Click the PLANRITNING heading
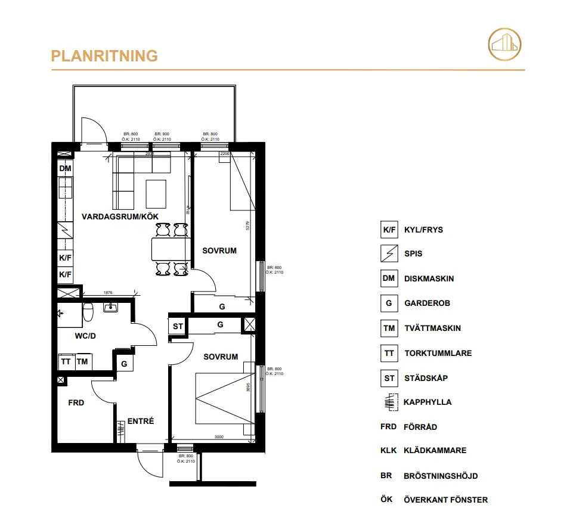(104, 56)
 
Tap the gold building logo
(504, 44)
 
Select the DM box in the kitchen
(65, 169)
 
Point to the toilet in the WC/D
(88, 311)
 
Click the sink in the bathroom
(111, 308)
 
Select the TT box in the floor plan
(66, 362)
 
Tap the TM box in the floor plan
(82, 362)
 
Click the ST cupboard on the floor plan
(178, 327)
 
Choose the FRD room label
(76, 403)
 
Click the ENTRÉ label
(141, 422)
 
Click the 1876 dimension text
(108, 293)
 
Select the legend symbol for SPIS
(389, 253)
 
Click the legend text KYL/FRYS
(423, 230)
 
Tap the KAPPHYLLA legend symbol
(389, 402)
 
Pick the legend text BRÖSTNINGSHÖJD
(441, 476)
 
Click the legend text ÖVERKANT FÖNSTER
(445, 500)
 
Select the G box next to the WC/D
(124, 363)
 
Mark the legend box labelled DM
(389, 278)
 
